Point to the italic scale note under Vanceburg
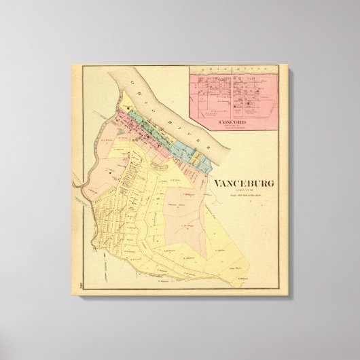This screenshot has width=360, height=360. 244,196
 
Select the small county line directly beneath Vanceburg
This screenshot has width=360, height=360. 244,191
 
